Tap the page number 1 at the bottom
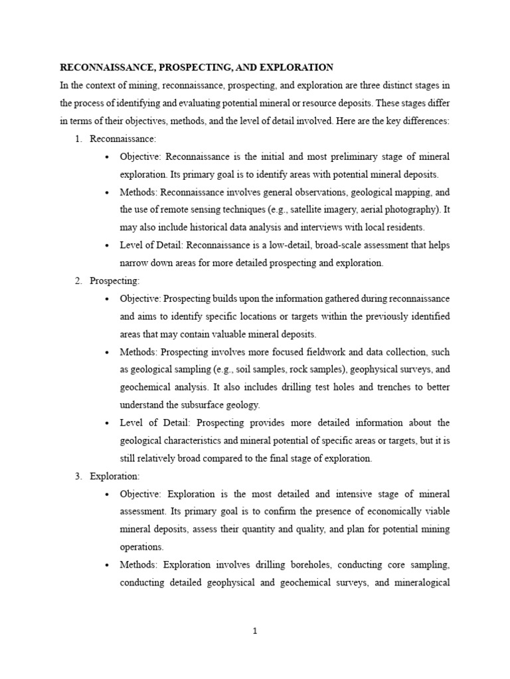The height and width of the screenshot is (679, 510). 255,631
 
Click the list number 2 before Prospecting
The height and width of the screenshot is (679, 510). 78,280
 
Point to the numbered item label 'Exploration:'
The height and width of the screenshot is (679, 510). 114,476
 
